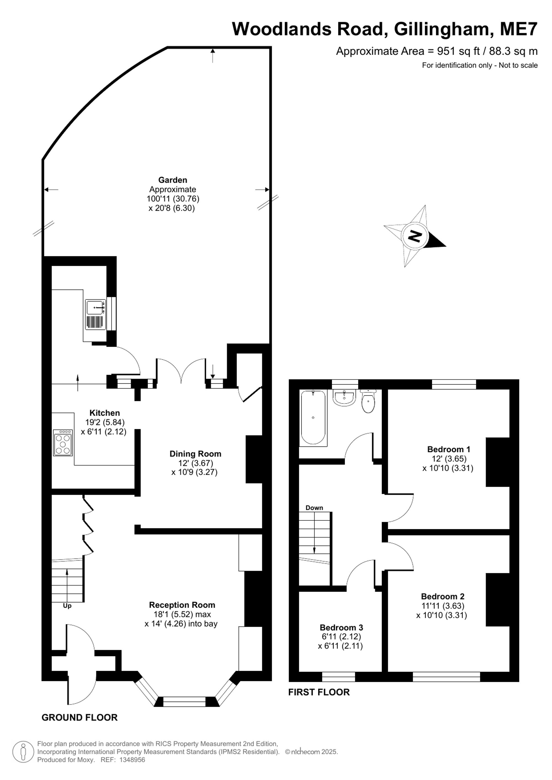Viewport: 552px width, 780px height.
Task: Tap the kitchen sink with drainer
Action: (x=95, y=314)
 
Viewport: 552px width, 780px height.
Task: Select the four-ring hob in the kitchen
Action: (x=63, y=443)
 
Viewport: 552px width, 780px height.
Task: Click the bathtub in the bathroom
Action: (x=313, y=418)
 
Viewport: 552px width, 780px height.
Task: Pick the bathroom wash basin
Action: (x=344, y=397)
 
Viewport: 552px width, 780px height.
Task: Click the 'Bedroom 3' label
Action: (x=341, y=627)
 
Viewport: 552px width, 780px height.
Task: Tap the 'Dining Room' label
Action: (x=195, y=453)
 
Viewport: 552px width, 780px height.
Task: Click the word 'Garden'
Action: (x=173, y=180)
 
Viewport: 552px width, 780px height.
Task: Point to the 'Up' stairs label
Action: (x=67, y=606)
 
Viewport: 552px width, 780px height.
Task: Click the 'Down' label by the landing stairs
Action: (x=314, y=508)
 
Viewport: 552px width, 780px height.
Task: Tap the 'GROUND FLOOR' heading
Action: (x=79, y=717)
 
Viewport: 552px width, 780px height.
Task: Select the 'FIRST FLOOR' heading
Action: (x=319, y=692)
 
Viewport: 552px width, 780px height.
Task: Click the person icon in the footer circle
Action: (x=23, y=752)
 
